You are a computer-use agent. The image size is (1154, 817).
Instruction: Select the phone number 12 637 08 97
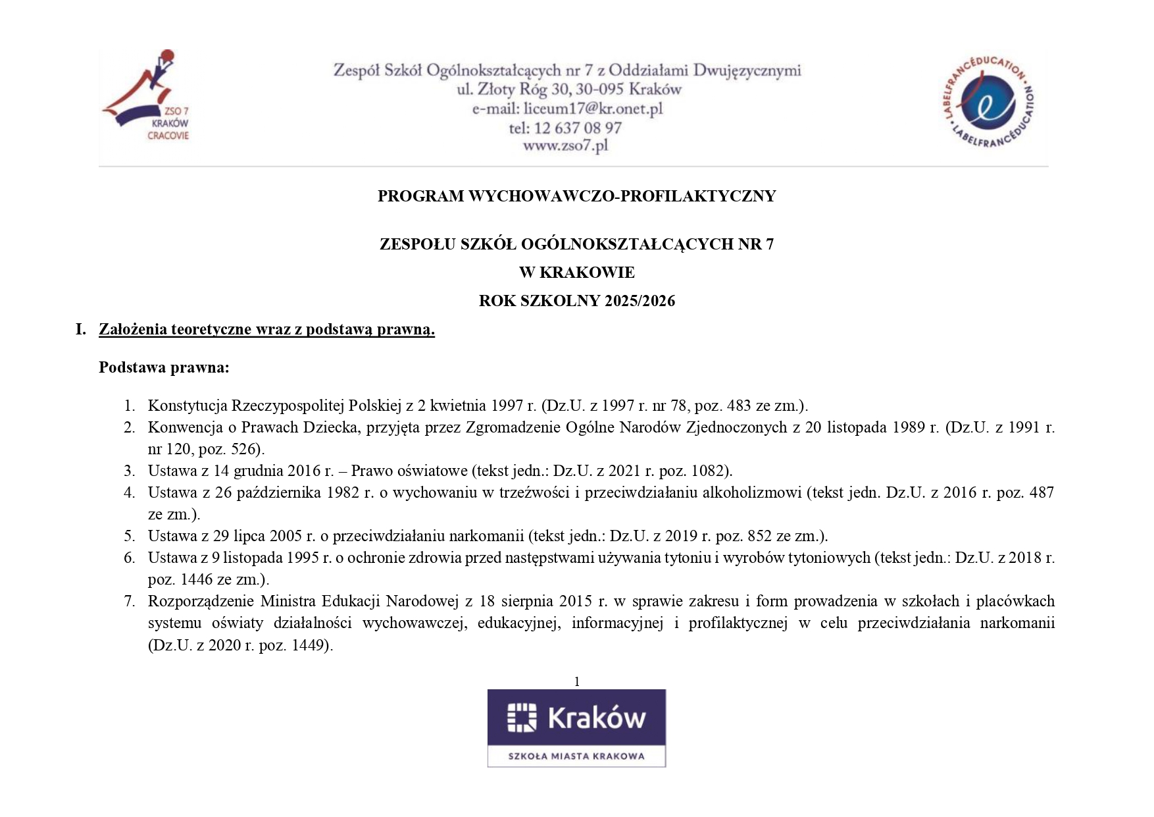click(578, 128)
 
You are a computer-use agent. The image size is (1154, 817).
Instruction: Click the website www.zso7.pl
click(565, 145)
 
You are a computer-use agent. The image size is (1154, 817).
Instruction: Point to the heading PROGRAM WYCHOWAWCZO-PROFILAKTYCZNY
click(576, 196)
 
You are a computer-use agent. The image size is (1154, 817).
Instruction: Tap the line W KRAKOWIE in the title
click(576, 273)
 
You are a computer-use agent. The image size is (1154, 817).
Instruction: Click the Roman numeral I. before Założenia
click(81, 329)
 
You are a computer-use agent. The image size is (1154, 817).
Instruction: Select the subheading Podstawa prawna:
click(164, 367)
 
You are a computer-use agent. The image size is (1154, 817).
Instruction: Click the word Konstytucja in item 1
click(188, 406)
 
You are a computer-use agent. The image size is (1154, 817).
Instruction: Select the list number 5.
click(130, 536)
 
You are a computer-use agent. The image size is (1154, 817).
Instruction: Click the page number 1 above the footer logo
click(577, 681)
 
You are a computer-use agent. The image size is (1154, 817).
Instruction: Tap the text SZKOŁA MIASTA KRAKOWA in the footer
click(576, 756)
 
